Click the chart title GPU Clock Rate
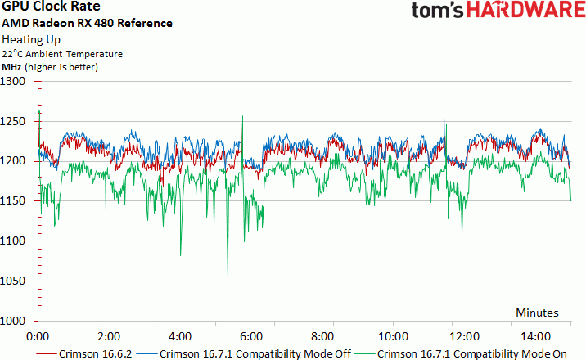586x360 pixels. [x=51, y=7]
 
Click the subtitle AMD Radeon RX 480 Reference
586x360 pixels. [x=88, y=23]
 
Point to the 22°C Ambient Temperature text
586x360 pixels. [x=62, y=54]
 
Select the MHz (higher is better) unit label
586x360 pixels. [x=50, y=67]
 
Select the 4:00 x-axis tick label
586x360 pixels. [x=179, y=335]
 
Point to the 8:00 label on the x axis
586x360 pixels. [x=322, y=335]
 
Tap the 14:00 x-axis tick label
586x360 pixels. [x=535, y=335]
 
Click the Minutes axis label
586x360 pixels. [x=537, y=313]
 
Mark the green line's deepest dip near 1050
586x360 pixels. [x=228, y=279]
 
